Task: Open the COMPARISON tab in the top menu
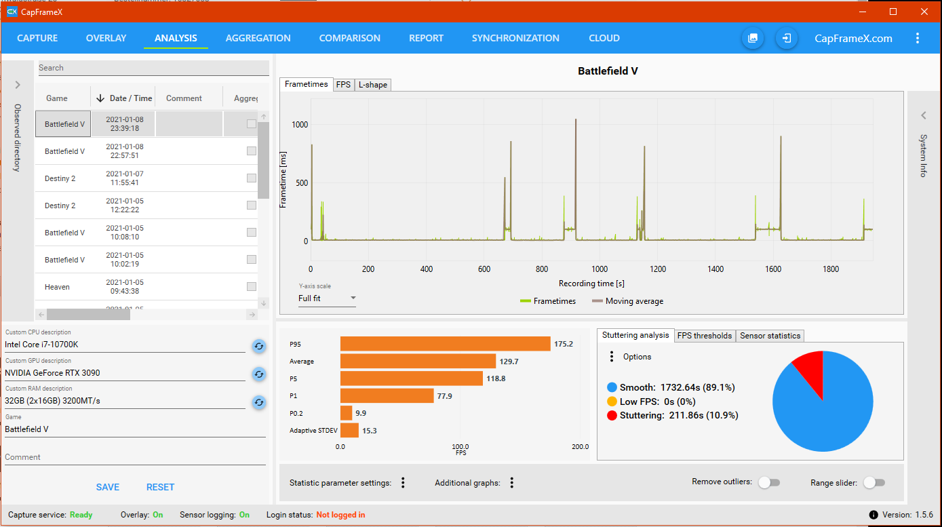coord(349,38)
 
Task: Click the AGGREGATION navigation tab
coord(258,38)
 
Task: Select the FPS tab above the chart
coord(343,85)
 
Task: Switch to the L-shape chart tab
coord(372,85)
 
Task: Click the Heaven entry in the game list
coord(57,287)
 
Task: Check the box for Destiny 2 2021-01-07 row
coord(252,178)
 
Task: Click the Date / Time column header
coord(125,98)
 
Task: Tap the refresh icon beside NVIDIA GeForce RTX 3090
coord(259,374)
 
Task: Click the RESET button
coord(160,487)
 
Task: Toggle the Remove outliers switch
coord(769,482)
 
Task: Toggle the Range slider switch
coord(874,482)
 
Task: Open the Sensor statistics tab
coord(770,336)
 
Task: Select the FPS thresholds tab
coord(705,336)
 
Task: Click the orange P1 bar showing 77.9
coord(387,396)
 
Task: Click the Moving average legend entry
coord(627,301)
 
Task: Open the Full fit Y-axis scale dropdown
coord(327,298)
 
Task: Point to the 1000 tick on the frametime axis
coord(300,125)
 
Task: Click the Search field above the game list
coord(153,68)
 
